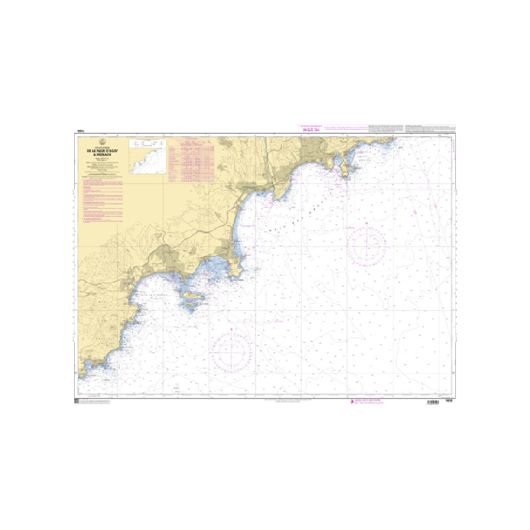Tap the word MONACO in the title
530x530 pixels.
tap(101, 155)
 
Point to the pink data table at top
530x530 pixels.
tap(193, 160)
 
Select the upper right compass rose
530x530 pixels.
tap(366, 244)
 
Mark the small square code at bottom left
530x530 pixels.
tap(78, 402)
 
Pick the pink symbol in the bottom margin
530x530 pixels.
tap(351, 402)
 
